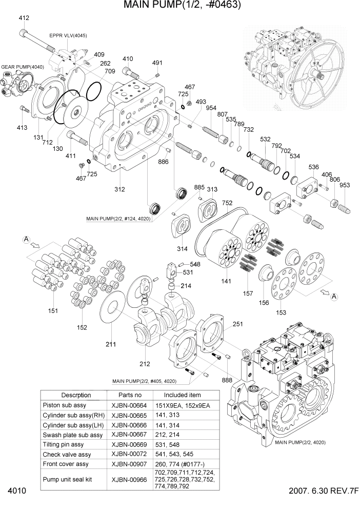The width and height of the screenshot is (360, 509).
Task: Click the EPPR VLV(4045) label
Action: coord(68,35)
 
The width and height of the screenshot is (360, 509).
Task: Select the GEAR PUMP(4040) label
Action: coord(23,67)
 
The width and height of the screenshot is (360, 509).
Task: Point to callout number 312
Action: coord(119,189)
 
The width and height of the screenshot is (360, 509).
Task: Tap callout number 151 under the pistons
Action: coord(53,311)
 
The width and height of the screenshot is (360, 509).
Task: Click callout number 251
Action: coord(238,324)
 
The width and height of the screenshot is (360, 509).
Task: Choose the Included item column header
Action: coord(183,395)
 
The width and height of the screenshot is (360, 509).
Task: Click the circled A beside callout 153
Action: coord(333,296)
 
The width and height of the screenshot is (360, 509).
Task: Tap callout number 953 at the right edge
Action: coord(345,185)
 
